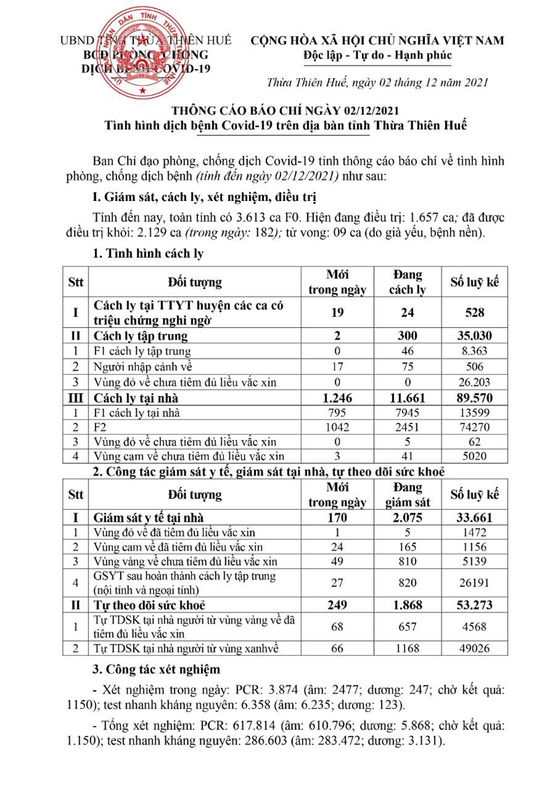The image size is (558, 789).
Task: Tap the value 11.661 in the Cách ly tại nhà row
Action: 407,398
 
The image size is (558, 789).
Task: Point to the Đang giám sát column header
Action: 407,495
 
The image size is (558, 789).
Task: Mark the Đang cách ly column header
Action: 407,282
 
